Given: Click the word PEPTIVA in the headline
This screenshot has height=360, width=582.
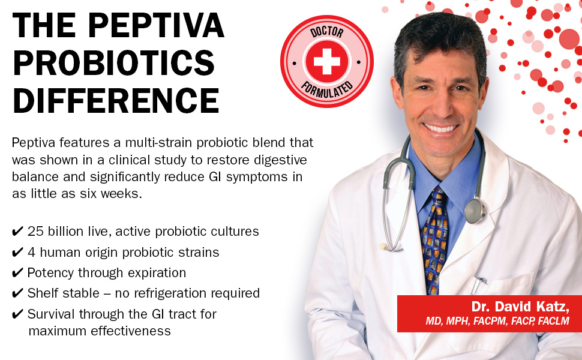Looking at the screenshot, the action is click(x=156, y=25).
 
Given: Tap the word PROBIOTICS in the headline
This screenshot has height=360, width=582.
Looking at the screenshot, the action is click(x=113, y=62).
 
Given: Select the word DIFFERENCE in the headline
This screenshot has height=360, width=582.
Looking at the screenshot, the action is click(x=116, y=100).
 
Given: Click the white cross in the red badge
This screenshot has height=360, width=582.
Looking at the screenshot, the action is click(x=326, y=61).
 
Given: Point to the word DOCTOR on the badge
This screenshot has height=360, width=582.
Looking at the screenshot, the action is click(x=326, y=32).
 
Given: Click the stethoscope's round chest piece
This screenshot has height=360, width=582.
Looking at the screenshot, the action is click(x=475, y=211).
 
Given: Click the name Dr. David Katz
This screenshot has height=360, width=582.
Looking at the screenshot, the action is click(x=520, y=307).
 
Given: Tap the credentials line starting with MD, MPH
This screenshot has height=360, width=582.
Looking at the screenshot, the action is click(x=497, y=320).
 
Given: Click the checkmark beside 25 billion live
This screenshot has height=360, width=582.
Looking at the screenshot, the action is click(x=17, y=232).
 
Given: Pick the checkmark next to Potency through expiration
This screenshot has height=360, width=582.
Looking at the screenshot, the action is click(x=17, y=273).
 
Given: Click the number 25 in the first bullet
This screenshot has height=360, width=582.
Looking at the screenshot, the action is click(x=35, y=231).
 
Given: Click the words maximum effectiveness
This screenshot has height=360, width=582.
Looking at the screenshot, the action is click(x=100, y=331).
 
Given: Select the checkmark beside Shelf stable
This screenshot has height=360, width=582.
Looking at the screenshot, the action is click(x=17, y=293).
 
